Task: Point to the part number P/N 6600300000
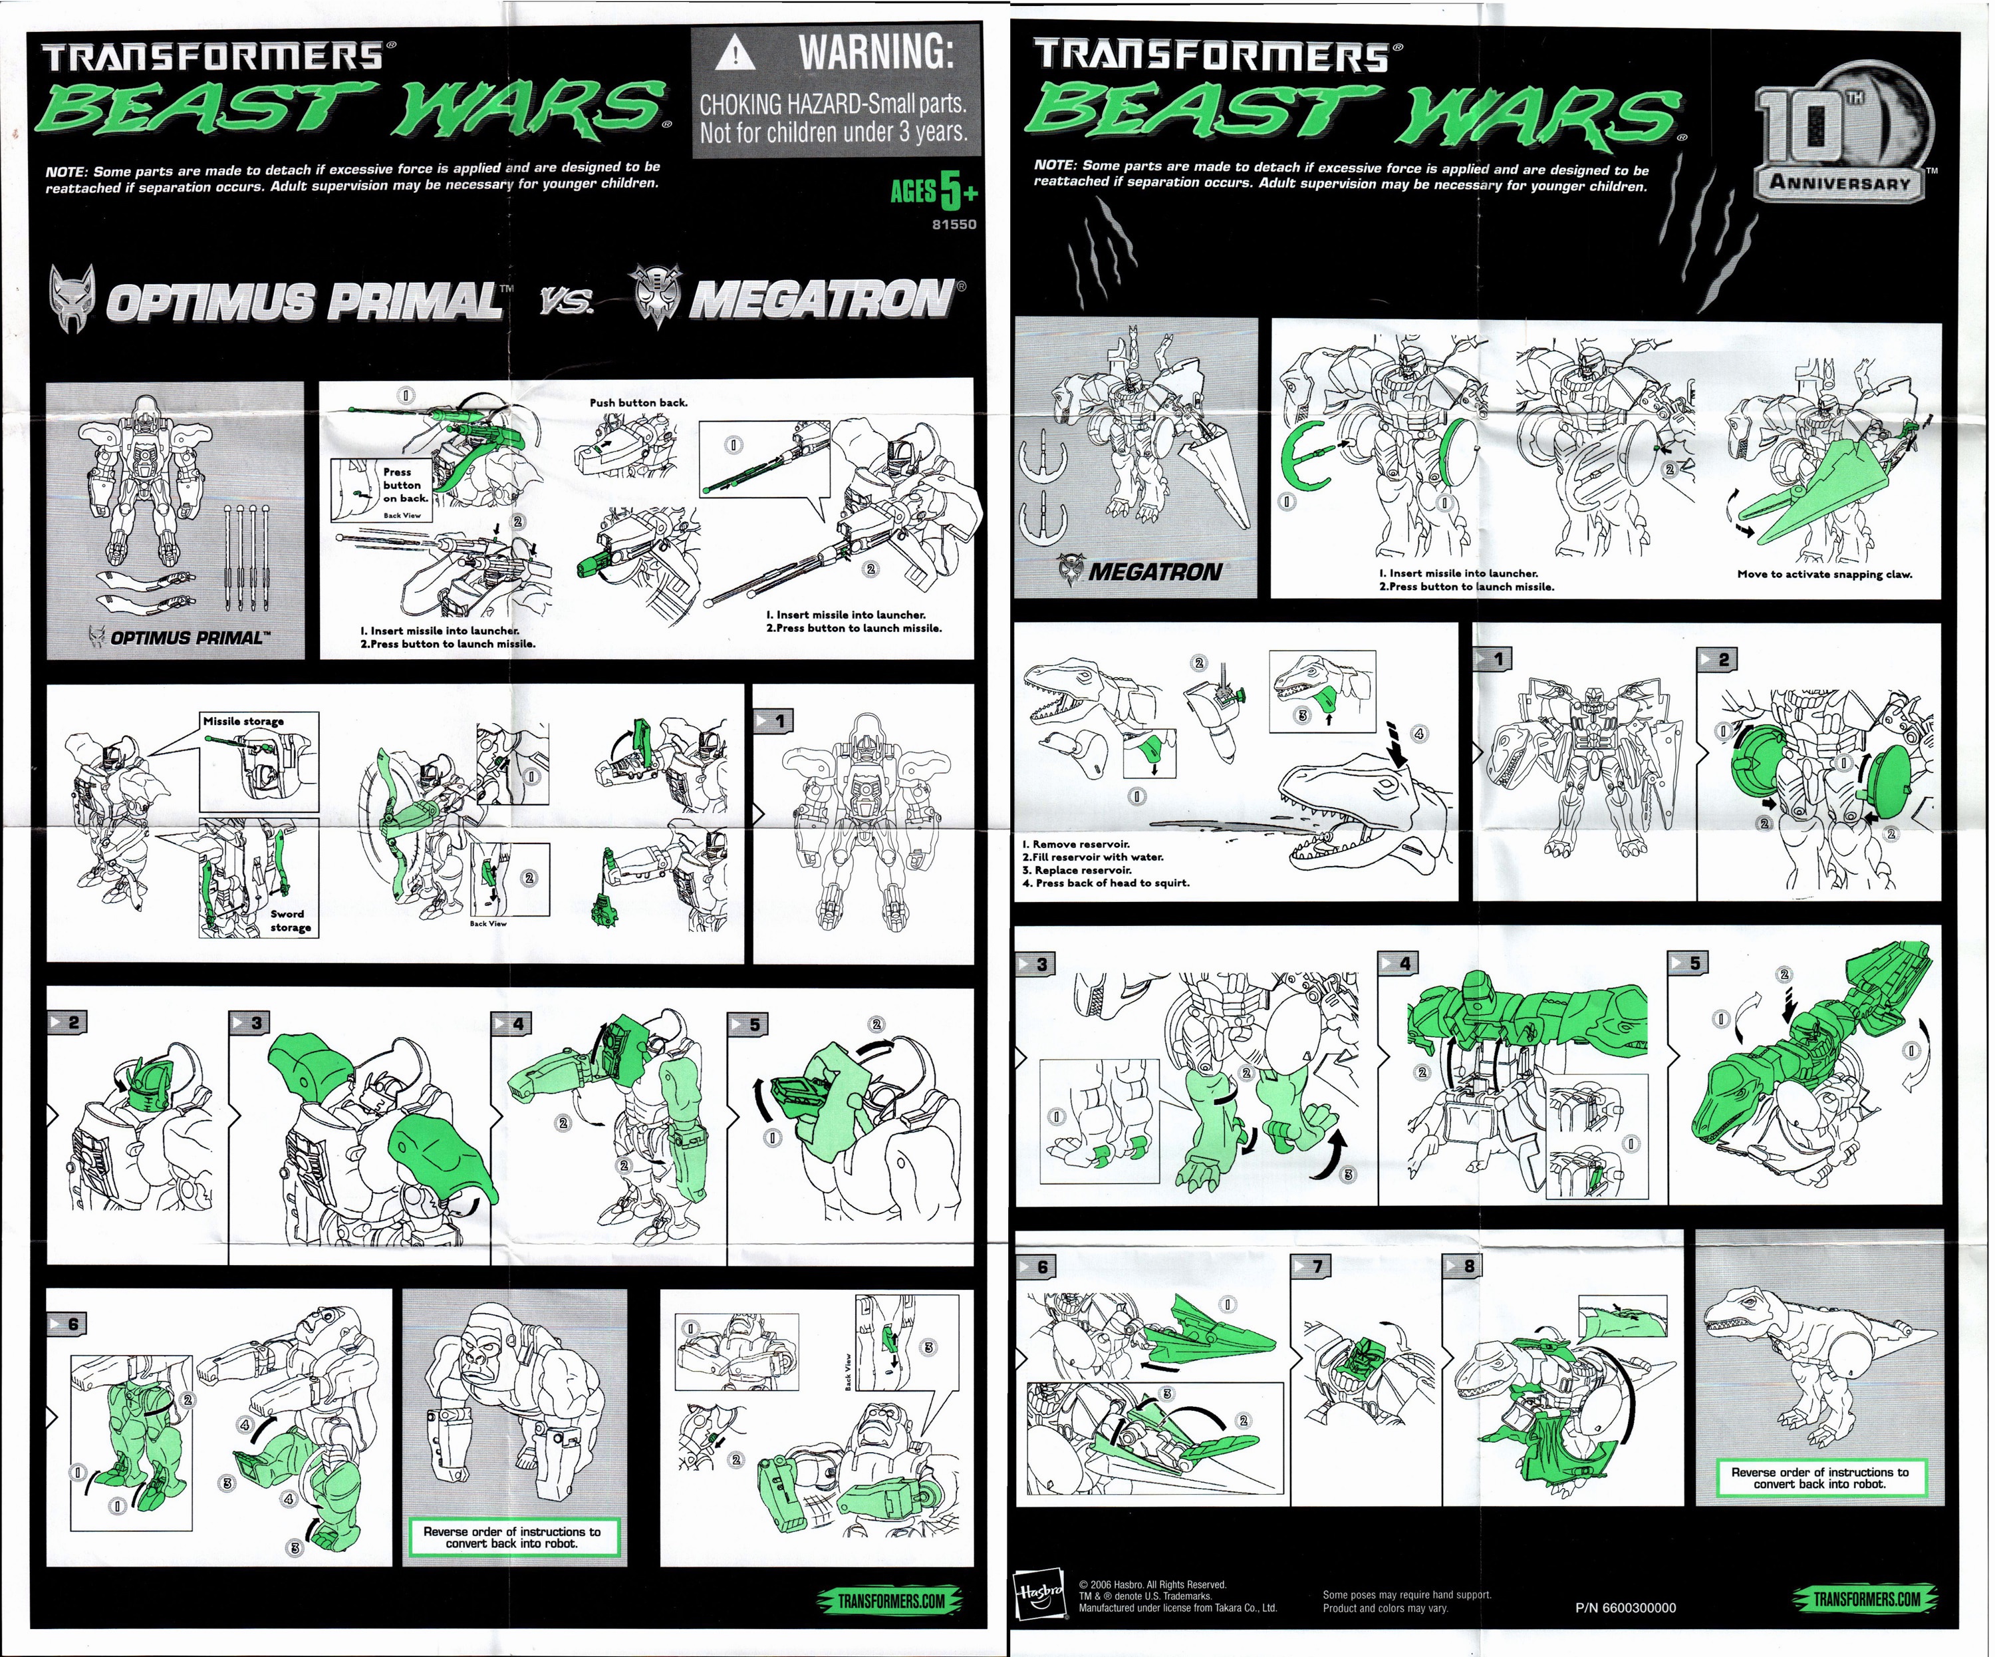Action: [x=1625, y=1608]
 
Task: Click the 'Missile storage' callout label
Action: [x=243, y=721]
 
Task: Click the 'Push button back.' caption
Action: [x=638, y=403]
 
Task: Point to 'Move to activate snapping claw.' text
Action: [x=1824, y=574]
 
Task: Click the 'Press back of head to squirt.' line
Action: [x=1106, y=883]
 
